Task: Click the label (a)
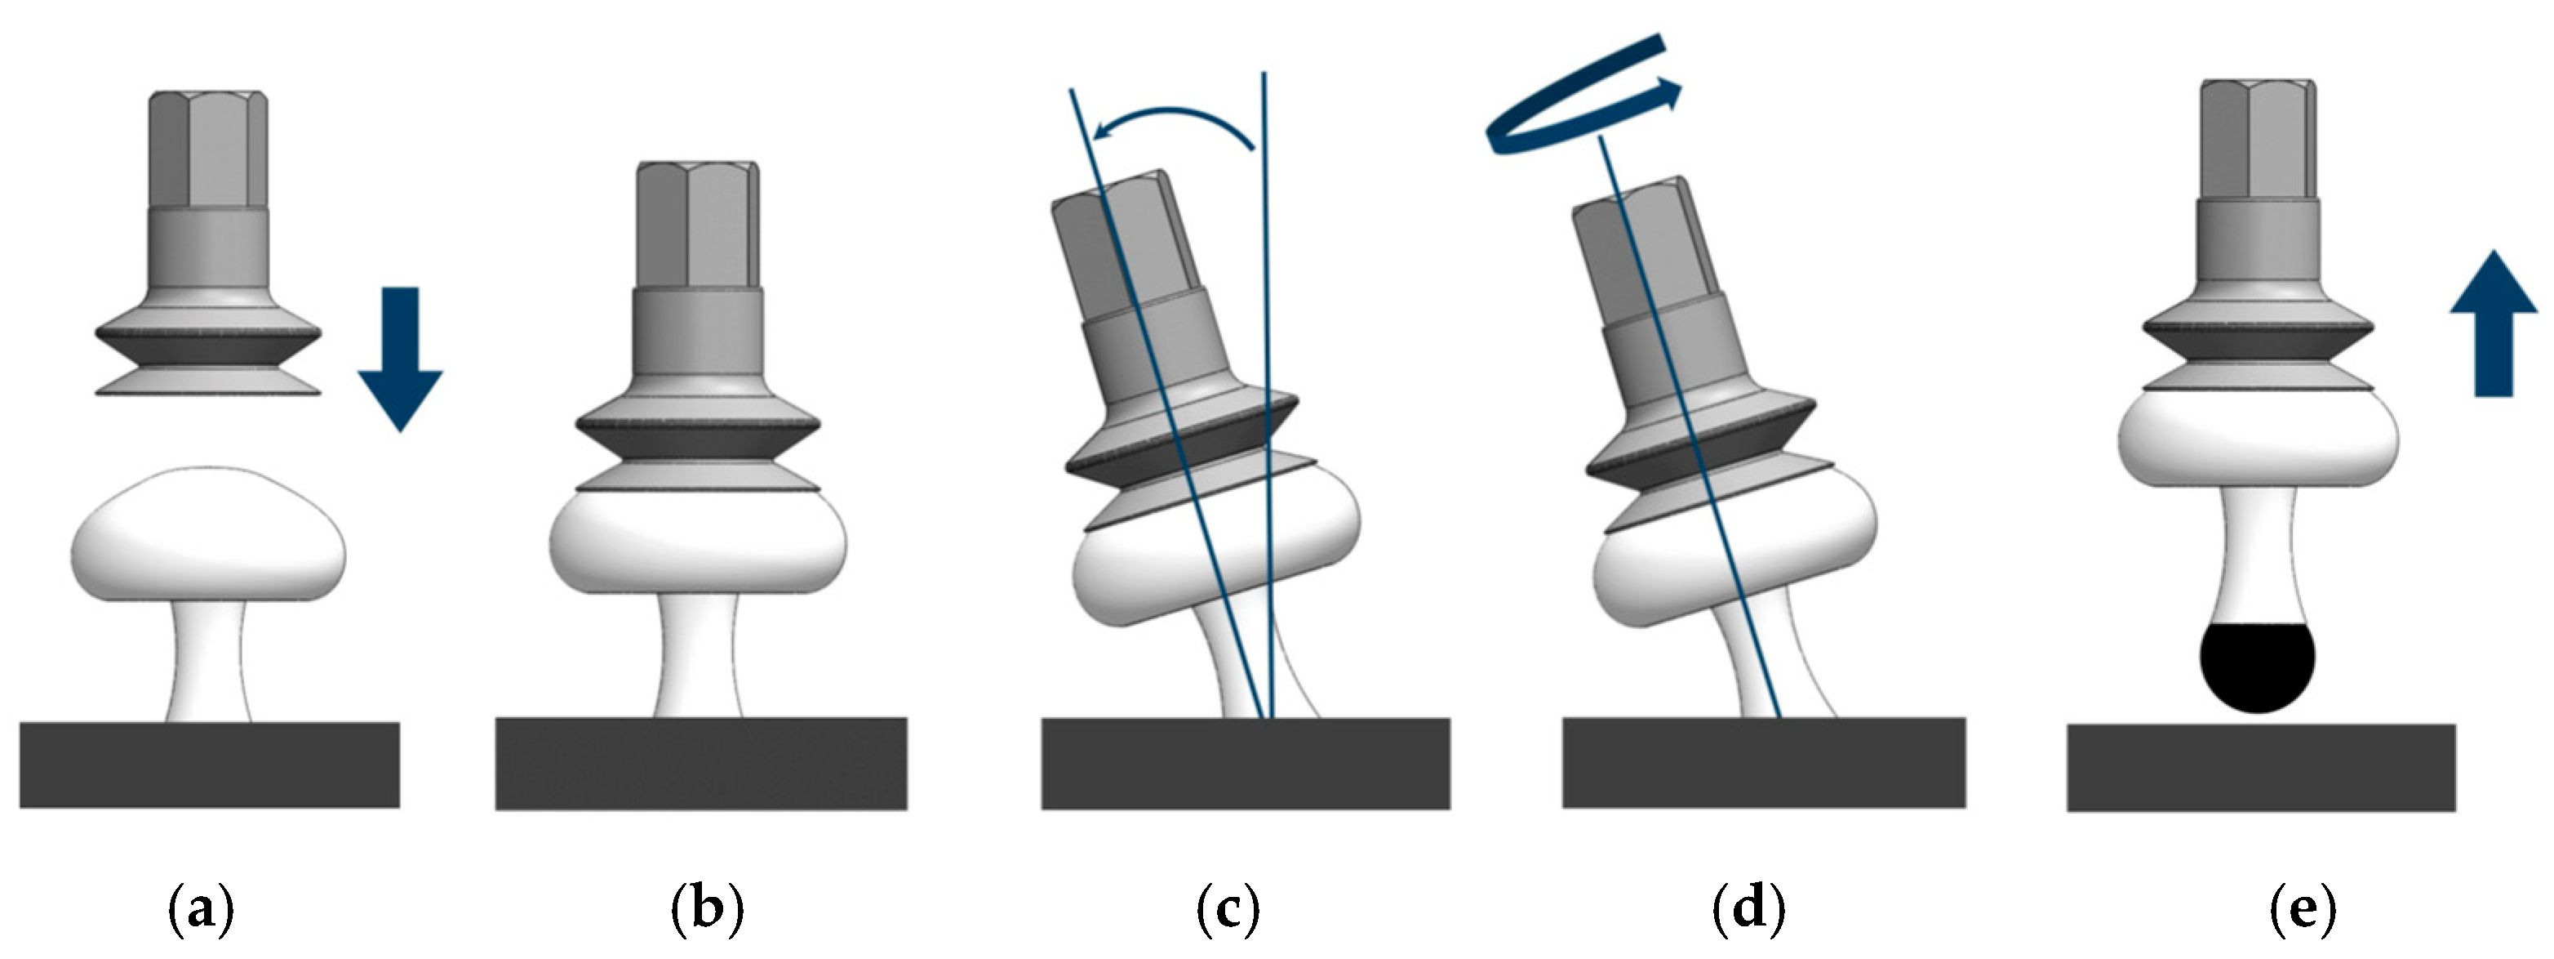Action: pos(202,908)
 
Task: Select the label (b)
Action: pos(707,908)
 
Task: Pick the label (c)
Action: pos(1228,908)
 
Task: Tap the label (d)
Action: pos(1748,908)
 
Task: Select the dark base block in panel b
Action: pos(701,763)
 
